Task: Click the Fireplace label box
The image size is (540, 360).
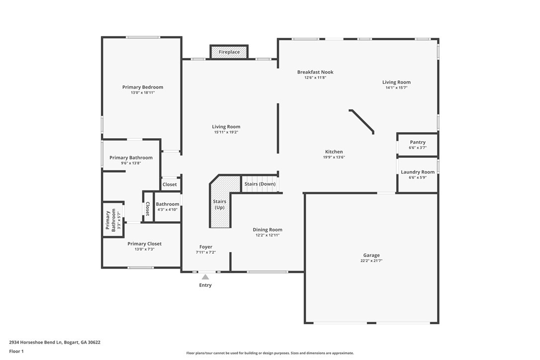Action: click(x=229, y=52)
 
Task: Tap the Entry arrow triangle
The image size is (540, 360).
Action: click(x=205, y=276)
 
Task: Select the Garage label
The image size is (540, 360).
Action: click(x=371, y=255)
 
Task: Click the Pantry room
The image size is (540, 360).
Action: click(x=417, y=145)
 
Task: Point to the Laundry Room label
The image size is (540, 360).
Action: click(x=417, y=172)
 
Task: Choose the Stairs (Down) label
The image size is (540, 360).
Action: click(x=260, y=184)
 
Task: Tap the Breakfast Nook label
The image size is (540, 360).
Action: click(x=315, y=72)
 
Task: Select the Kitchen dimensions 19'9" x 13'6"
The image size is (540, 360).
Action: click(x=334, y=157)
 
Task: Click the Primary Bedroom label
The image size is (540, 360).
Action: click(x=143, y=87)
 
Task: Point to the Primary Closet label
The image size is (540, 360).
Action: click(x=144, y=244)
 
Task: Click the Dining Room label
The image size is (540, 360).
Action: click(x=267, y=230)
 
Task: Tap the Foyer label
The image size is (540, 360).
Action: click(x=205, y=247)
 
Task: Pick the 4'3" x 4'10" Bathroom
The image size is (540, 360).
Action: click(x=168, y=207)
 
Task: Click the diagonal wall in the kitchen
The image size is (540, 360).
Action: click(x=361, y=122)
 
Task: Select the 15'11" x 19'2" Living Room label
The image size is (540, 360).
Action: click(x=226, y=127)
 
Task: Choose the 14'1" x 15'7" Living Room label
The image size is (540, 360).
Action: click(x=396, y=83)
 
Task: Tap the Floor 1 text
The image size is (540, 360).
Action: click(x=16, y=352)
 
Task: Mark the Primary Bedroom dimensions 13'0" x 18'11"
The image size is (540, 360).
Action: click(x=143, y=92)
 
